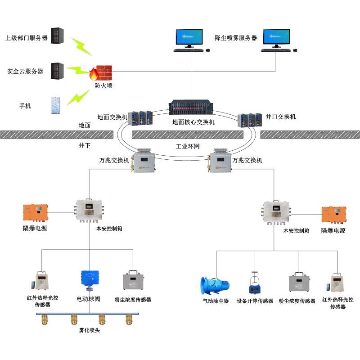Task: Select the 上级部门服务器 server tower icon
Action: (x=58, y=36)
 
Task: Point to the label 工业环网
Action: (x=188, y=147)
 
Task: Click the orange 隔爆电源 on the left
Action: (x=35, y=213)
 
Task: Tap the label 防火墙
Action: (x=103, y=85)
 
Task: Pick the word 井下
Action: (x=85, y=146)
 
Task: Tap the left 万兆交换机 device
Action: (x=144, y=162)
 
